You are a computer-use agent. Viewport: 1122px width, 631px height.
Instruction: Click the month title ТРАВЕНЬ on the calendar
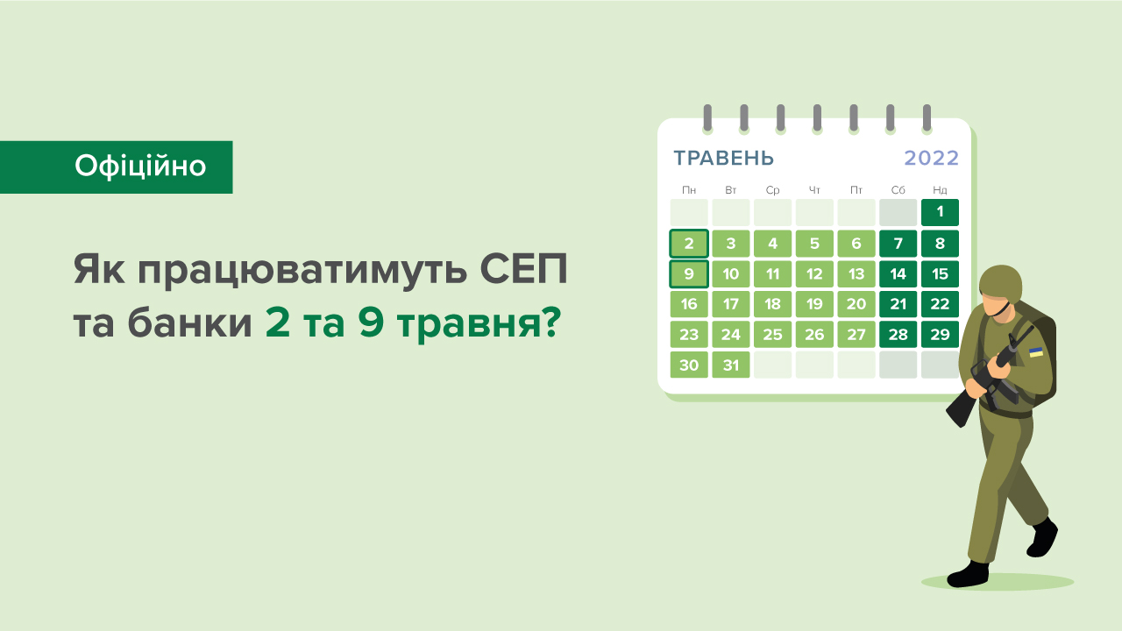tap(723, 159)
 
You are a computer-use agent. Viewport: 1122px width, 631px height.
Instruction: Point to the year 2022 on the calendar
tap(931, 159)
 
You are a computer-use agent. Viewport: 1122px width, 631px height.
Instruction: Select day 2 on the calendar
tap(689, 244)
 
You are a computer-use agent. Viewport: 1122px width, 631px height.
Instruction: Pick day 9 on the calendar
tap(689, 274)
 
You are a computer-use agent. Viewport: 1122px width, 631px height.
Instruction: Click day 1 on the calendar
tap(940, 212)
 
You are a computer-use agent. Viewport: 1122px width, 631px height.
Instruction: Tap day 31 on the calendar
tap(731, 365)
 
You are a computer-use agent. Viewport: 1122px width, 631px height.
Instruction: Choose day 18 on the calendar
tap(772, 305)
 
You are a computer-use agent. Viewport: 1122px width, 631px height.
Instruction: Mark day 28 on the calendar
tap(898, 335)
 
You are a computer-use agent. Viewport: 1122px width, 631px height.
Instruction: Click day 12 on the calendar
tap(814, 274)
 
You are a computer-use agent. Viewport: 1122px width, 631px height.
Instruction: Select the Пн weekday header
tap(689, 190)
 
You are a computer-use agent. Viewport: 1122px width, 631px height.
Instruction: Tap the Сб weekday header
tap(898, 190)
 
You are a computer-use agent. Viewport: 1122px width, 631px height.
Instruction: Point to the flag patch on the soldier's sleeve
tap(1036, 351)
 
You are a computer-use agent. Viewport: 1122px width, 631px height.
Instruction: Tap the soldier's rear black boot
tap(1042, 537)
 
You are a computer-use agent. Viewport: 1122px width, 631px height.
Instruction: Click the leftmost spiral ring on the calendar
tap(707, 117)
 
